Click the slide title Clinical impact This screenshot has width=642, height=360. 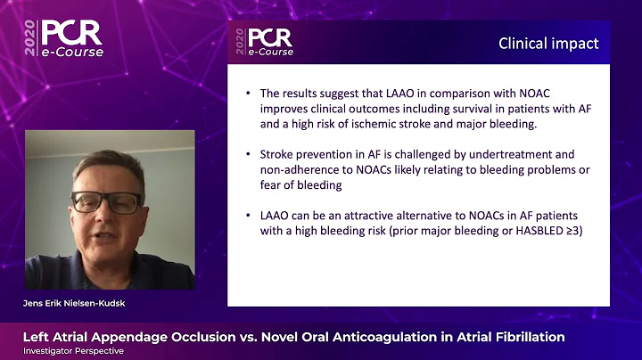548,43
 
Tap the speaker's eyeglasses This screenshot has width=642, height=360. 105,201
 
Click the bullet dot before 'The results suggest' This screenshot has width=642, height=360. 249,92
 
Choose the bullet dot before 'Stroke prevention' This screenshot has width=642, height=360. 249,155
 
